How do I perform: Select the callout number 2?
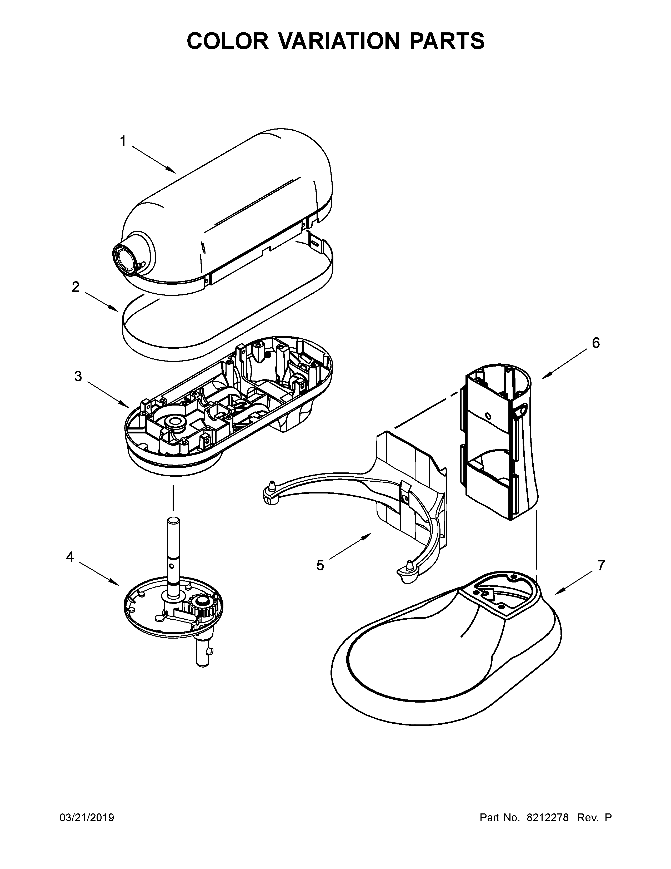click(76, 287)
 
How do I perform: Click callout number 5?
click(321, 565)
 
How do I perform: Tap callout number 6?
click(595, 343)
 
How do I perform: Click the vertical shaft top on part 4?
click(173, 521)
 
